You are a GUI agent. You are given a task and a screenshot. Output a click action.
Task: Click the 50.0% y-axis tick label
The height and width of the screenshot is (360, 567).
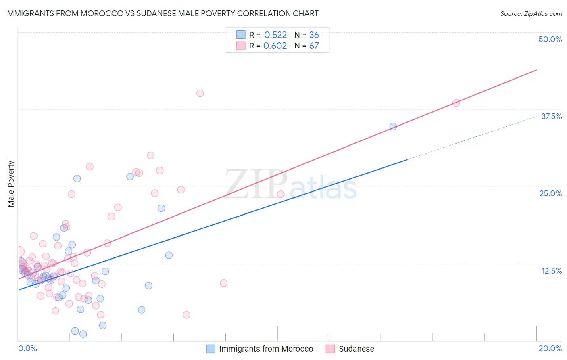pos(550,39)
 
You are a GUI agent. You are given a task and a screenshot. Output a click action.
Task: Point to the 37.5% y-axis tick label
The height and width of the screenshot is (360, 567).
pos(551,116)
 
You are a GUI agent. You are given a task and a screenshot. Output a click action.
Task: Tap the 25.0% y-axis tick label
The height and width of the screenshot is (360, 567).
pos(550,193)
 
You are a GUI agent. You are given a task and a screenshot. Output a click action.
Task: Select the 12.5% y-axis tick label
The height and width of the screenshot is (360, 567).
pos(551,271)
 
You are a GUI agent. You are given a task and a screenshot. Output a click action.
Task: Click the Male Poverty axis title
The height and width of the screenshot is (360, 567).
pos(11,184)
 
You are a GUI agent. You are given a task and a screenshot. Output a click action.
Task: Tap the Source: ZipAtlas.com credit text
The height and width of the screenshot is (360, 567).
pos(531,13)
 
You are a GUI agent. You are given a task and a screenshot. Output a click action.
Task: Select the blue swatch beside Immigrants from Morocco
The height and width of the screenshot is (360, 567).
pos(211,349)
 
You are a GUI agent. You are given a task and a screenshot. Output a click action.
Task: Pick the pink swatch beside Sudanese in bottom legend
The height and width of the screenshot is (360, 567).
pos(330,349)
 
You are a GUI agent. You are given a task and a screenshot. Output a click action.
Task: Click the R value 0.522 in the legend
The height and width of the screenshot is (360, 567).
pos(275,35)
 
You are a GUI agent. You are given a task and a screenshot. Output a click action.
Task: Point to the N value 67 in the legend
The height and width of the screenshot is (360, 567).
pos(314,46)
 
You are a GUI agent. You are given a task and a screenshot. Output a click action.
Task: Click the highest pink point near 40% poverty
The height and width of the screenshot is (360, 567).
pos(200,93)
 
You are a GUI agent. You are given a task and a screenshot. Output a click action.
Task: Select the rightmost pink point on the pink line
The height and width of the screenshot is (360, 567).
pos(456,103)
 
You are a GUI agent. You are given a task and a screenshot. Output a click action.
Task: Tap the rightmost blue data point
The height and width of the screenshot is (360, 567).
pos(393,126)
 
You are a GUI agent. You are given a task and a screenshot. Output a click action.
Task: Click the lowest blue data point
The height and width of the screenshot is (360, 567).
pos(83,334)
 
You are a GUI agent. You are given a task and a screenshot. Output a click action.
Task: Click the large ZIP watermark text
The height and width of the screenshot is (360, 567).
pos(256,184)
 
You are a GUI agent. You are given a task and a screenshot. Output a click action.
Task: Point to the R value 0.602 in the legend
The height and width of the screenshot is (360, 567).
pos(275,46)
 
